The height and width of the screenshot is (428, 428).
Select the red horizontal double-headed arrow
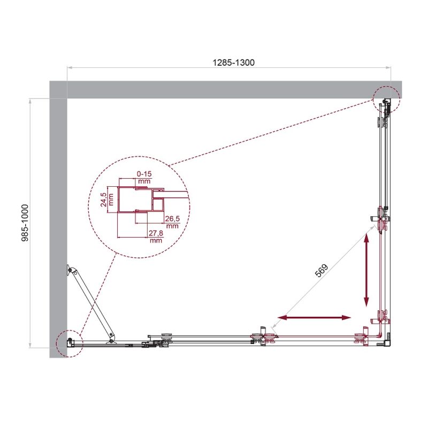(x=315, y=318)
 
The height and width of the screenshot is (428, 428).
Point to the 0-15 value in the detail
(x=144, y=174)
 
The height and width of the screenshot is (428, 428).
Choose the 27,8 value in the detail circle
(x=156, y=233)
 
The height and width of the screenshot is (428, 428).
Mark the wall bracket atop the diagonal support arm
(x=70, y=271)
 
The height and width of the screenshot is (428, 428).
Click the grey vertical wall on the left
(x=58, y=225)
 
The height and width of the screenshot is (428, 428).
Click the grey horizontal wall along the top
(x=225, y=89)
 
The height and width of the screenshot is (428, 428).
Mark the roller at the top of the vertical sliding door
(x=381, y=219)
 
